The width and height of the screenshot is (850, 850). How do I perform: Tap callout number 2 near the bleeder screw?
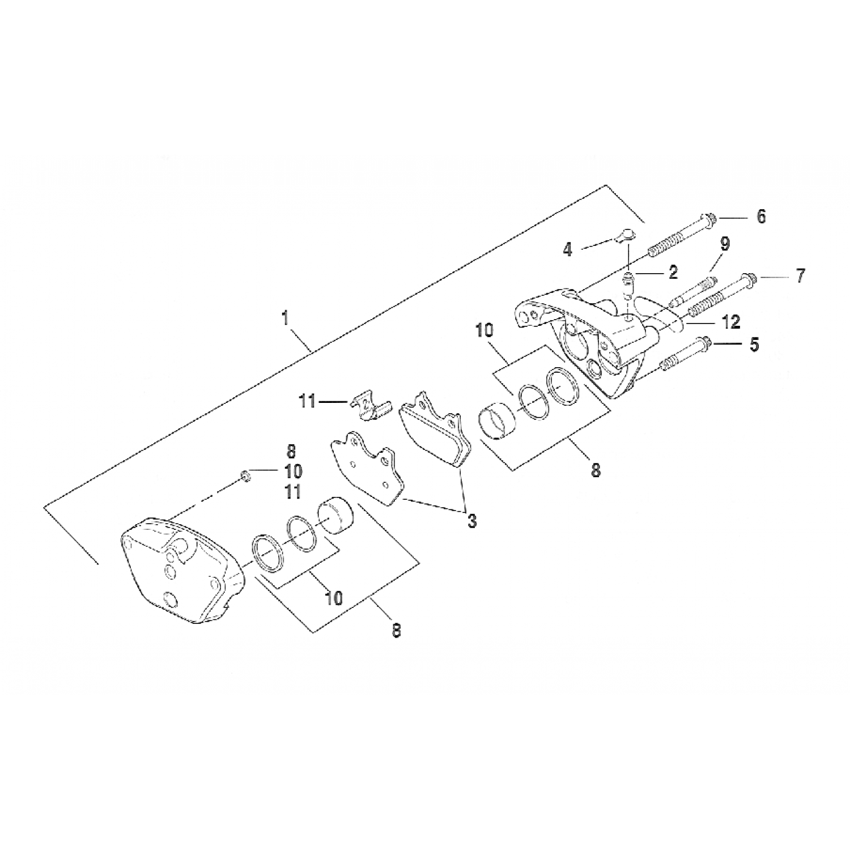pyautogui.click(x=673, y=273)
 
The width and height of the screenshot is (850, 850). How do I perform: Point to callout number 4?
pyautogui.click(x=568, y=250)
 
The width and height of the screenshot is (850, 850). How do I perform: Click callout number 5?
pyautogui.click(x=754, y=345)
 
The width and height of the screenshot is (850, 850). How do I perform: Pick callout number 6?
pyautogui.click(x=761, y=216)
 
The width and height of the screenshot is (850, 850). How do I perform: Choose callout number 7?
pyautogui.click(x=800, y=277)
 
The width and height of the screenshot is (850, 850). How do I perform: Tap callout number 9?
pyautogui.click(x=725, y=244)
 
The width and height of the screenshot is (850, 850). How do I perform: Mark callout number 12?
pyautogui.click(x=730, y=322)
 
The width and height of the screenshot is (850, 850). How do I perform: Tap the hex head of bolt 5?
pyautogui.click(x=706, y=343)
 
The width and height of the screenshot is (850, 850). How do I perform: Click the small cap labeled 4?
pyautogui.click(x=626, y=235)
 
